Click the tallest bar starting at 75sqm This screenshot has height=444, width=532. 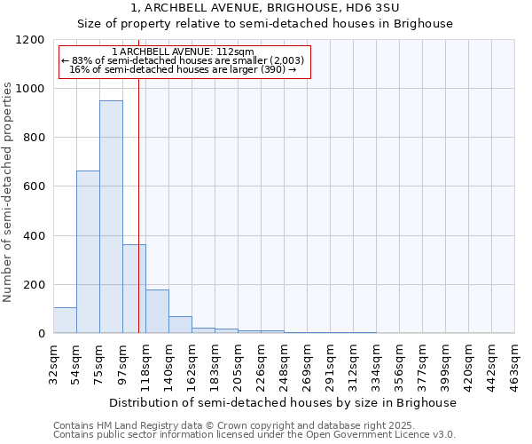pos(111,217)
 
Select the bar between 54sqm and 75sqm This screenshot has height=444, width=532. pos(88,251)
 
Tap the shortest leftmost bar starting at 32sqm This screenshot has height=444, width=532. pos(65,320)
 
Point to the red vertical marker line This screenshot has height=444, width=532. pos(139,204)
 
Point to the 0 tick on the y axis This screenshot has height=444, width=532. pos(41,334)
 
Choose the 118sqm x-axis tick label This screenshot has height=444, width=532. pos(146,361)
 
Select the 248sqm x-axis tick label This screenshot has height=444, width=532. pos(285,361)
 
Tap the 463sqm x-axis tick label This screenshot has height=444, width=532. pos(515,361)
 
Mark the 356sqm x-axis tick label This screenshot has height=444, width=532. pos(400,361)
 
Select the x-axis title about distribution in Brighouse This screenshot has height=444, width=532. pos(284,402)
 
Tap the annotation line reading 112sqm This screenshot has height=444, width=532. pos(184,52)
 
